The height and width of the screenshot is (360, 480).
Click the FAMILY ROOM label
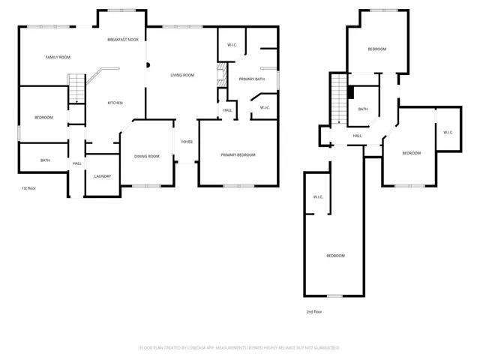(x=57, y=57)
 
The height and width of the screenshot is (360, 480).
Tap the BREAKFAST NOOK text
(x=122, y=39)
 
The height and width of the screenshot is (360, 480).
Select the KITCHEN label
(x=115, y=103)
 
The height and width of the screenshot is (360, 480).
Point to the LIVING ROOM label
(x=182, y=75)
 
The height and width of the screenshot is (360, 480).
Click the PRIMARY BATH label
(x=251, y=79)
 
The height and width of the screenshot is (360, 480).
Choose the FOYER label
(x=187, y=141)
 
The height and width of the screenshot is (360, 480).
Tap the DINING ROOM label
(x=147, y=156)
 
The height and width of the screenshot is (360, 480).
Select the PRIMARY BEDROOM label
(x=238, y=154)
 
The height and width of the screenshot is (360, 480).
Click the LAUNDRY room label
(x=103, y=176)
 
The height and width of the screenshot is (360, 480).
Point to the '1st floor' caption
(x=28, y=188)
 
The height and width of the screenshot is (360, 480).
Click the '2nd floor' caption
(x=313, y=311)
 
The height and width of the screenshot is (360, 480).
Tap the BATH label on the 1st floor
(x=45, y=160)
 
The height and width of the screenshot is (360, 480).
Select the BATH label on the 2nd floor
(x=363, y=109)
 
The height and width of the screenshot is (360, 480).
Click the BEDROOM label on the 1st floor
(x=43, y=117)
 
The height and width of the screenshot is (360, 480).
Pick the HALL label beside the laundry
(x=76, y=163)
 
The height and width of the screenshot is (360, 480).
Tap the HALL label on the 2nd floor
(x=358, y=136)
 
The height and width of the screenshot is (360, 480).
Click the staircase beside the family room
(x=75, y=89)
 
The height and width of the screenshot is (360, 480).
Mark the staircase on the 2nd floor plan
(x=339, y=99)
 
